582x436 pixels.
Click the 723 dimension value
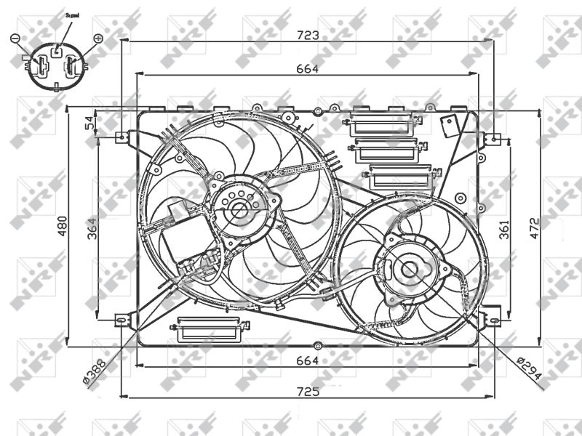tap(307, 35)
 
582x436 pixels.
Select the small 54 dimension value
tap(91, 123)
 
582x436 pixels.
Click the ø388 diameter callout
tap(94, 370)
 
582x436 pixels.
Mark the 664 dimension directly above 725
tap(308, 360)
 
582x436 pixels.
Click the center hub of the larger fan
tap(239, 211)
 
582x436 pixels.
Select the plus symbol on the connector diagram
tap(98, 37)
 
